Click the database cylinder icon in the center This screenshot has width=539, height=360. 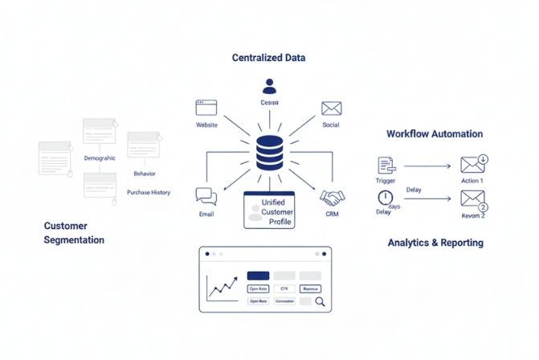[269, 153]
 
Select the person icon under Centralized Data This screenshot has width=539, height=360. [269, 86]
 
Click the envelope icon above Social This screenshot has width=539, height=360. [332, 108]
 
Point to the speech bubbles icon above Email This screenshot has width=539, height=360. [206, 196]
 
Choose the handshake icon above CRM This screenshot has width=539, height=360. [332, 197]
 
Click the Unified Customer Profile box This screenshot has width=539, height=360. [269, 211]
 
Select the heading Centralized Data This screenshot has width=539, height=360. [268, 58]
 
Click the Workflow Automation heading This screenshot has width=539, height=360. [435, 133]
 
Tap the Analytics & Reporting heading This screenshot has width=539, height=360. [435, 242]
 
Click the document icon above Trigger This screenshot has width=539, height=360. [386, 165]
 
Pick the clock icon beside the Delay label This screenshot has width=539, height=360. [386, 198]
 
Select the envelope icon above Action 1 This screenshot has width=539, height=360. [472, 165]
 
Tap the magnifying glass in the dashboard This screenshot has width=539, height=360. [319, 302]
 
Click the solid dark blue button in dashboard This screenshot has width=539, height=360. [258, 276]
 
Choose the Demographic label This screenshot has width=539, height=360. [100, 158]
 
